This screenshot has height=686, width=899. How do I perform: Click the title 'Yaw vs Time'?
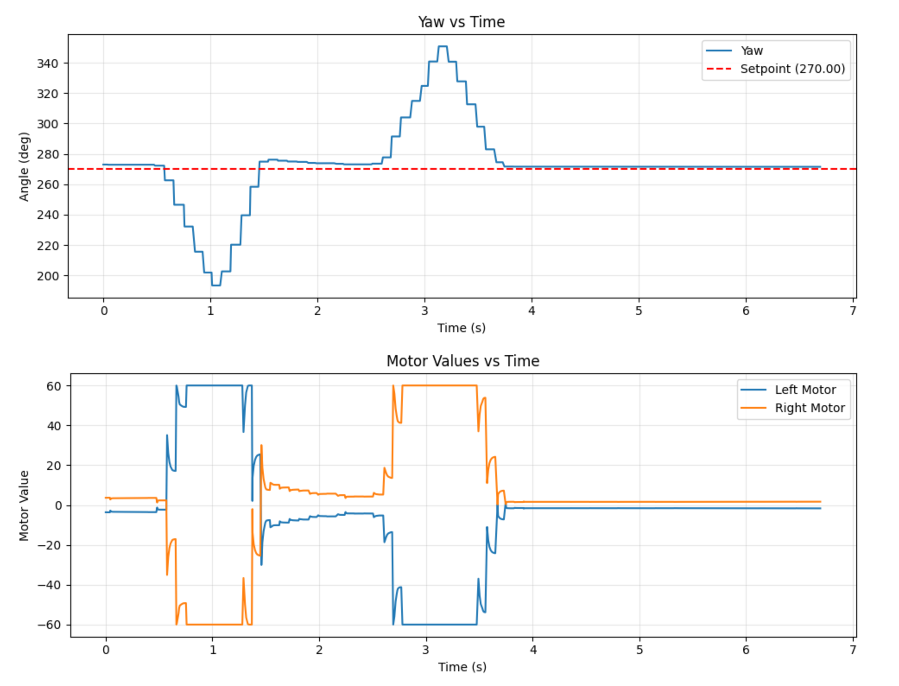461,22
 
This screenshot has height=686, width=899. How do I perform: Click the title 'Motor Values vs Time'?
462,361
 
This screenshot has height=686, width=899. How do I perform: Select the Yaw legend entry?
751,51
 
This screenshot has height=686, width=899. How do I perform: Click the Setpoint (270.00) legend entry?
792,69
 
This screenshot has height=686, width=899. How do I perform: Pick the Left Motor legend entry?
805,390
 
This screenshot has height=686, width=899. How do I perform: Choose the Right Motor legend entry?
809,408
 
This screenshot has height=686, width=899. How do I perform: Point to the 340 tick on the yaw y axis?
47,64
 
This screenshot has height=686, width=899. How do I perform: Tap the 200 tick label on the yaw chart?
47,276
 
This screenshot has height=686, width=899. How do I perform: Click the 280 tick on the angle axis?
47,155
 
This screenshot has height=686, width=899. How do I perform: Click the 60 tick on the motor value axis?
54,386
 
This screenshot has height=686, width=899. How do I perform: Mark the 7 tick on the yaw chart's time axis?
853,311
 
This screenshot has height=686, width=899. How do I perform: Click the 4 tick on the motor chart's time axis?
533,650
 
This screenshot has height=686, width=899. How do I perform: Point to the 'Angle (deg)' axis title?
24,167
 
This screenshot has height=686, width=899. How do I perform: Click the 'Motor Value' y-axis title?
24,506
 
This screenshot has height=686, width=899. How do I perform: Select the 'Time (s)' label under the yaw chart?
461,328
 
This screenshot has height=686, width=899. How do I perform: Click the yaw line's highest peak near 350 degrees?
443,46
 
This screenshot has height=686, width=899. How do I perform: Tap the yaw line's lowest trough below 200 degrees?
216,286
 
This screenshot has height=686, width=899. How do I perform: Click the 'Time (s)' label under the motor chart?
462,667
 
